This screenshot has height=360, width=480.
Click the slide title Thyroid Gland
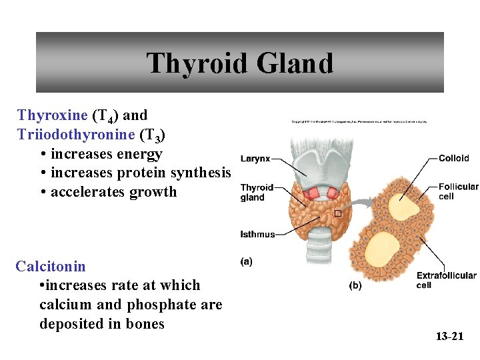pos(240,64)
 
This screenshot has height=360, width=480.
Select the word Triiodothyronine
pos(77,135)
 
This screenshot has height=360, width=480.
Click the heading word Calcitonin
pos(51,267)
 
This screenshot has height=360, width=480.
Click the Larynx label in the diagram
pos(255,159)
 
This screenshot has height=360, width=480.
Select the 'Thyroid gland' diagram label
pos(257,193)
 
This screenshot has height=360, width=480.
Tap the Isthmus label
pos(257,234)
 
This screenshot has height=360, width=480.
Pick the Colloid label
pos(453,159)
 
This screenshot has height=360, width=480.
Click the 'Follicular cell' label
pos(458,192)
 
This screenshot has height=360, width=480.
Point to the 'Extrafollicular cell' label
pos(446,280)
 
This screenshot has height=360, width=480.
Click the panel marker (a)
pos(247,262)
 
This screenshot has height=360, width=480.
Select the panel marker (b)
pos(355,286)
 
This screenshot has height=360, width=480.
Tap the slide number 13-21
pos(449,337)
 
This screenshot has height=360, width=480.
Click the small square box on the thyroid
pos(337,213)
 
